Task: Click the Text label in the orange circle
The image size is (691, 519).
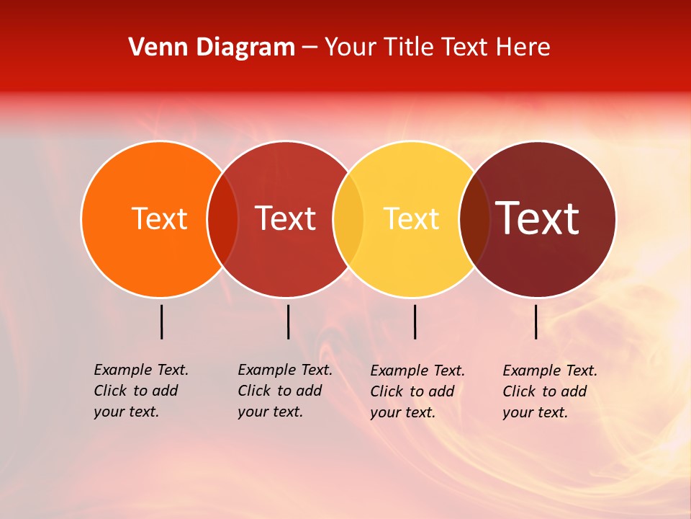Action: pos(159,218)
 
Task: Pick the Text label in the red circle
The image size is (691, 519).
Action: pos(286,218)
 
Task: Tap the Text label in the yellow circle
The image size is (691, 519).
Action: pos(412,218)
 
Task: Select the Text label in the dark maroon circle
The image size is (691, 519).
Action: pos(538,218)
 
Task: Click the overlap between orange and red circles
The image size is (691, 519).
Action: pos(222,218)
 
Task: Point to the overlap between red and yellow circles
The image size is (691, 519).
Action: pos(348,218)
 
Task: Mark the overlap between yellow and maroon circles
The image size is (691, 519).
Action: pos(474,218)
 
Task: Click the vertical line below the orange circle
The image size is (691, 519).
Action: pos(161,321)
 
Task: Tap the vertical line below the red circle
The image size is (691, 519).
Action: pos(288,321)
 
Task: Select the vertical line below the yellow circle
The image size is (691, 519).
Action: pos(415,321)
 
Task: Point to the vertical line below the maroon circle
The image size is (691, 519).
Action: pos(536,321)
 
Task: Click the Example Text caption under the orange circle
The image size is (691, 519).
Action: pos(141,391)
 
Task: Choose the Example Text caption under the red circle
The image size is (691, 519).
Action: pos(285,391)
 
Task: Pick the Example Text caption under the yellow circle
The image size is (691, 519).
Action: pos(417,391)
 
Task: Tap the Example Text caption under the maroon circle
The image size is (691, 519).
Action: pos(550,391)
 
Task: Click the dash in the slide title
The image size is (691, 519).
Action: pos(309,48)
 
